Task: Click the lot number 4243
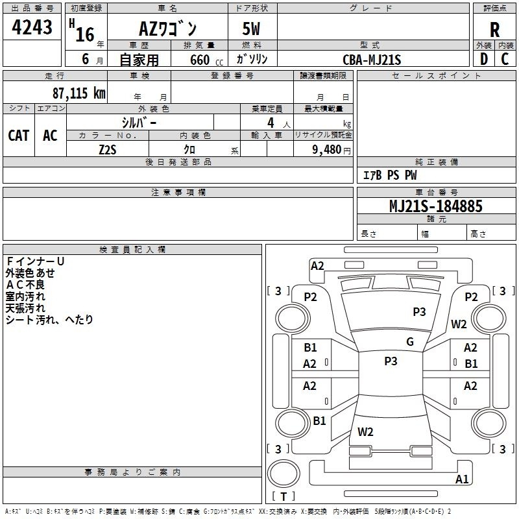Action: click(32, 27)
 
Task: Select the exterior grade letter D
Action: click(483, 59)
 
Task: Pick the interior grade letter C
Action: click(505, 59)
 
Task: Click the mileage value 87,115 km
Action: click(78, 93)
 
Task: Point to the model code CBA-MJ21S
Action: click(372, 60)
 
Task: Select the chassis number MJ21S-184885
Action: click(436, 206)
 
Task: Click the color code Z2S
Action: click(108, 150)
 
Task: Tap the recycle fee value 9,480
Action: click(327, 149)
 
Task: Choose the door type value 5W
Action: click(251, 29)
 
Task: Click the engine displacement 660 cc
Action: click(206, 60)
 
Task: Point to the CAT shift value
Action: click(19, 136)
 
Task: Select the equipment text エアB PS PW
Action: click(390, 175)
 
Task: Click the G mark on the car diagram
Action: click(410, 341)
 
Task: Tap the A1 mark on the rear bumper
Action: click(462, 479)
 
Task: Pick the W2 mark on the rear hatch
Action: click(365, 431)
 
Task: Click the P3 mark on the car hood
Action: click(419, 311)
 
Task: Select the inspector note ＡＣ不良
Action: click(25, 285)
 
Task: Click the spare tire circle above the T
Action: click(284, 474)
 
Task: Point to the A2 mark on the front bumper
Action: click(317, 266)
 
